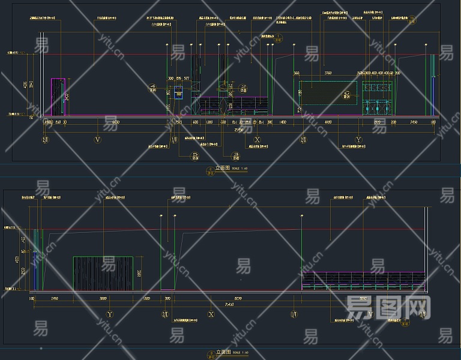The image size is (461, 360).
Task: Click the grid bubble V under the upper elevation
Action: [98, 140]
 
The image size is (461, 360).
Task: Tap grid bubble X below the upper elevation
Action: [258, 140]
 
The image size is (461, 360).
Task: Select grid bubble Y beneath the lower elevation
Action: [110, 314]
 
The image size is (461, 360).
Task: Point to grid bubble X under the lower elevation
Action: [211, 314]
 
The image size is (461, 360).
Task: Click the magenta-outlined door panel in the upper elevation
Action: [58, 97]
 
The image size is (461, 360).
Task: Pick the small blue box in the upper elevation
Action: [178, 93]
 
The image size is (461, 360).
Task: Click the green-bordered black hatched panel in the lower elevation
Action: [103, 274]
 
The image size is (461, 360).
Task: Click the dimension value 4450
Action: [328, 122]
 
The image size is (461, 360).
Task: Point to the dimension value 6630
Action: [115, 122]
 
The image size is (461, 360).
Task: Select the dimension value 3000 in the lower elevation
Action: [103, 298]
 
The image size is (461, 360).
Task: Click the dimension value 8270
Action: [238, 298]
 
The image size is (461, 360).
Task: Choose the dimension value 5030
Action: [363, 298]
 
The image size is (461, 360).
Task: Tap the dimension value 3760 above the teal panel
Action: [328, 73]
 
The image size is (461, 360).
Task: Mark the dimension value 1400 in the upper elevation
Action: [283, 122]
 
